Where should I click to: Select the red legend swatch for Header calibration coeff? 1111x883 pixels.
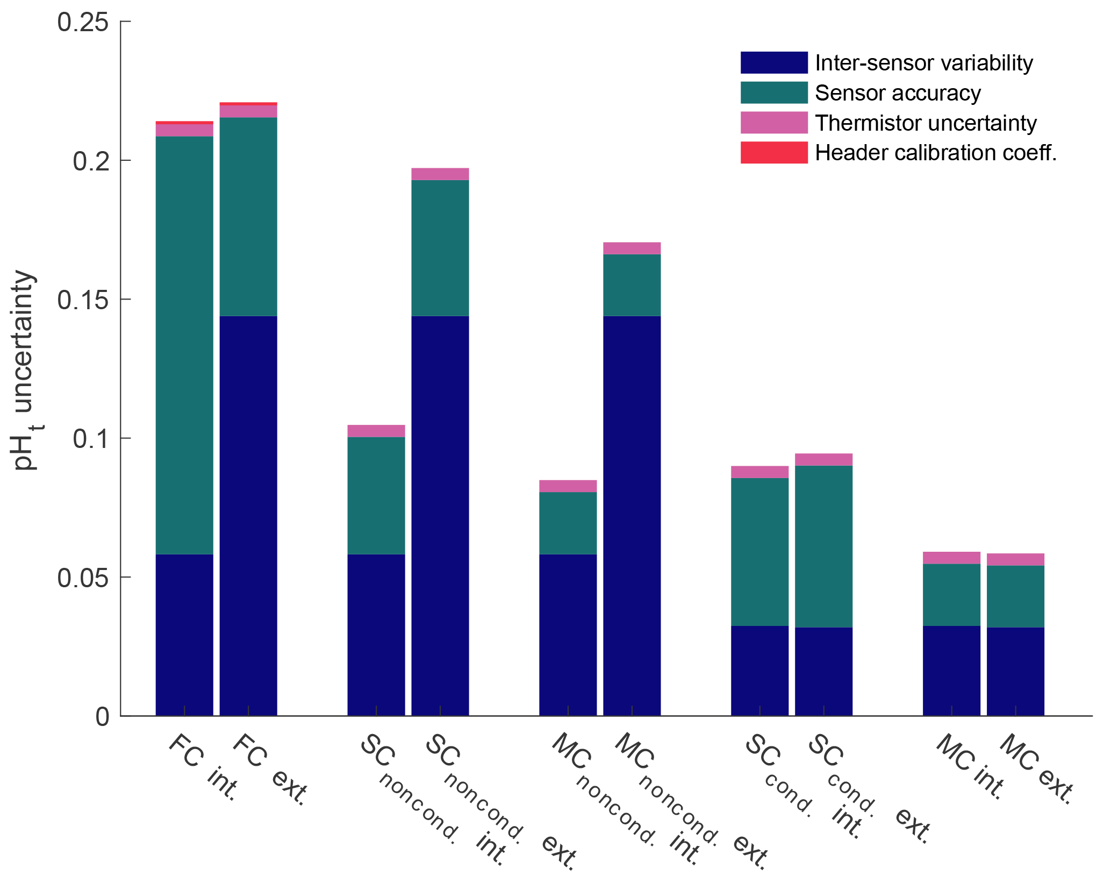coord(773,153)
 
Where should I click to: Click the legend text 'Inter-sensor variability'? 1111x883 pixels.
coord(923,63)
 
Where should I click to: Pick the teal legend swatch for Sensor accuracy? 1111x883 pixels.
coord(773,92)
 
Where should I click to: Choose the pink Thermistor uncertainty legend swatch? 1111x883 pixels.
coord(773,123)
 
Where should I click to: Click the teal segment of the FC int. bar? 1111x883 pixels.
coord(184,344)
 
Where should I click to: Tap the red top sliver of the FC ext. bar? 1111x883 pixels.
coord(248,103)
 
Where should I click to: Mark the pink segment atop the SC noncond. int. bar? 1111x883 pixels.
coord(376,431)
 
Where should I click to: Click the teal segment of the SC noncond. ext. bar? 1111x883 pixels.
coord(440,247)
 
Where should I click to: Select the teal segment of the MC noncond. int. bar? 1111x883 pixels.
coord(568,523)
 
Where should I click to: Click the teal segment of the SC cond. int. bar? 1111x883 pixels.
coord(760,551)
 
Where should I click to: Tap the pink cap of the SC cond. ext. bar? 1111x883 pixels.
coord(824,459)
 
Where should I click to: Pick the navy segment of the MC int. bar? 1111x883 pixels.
coord(952,670)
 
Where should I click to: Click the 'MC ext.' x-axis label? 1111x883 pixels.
coord(1036,769)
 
